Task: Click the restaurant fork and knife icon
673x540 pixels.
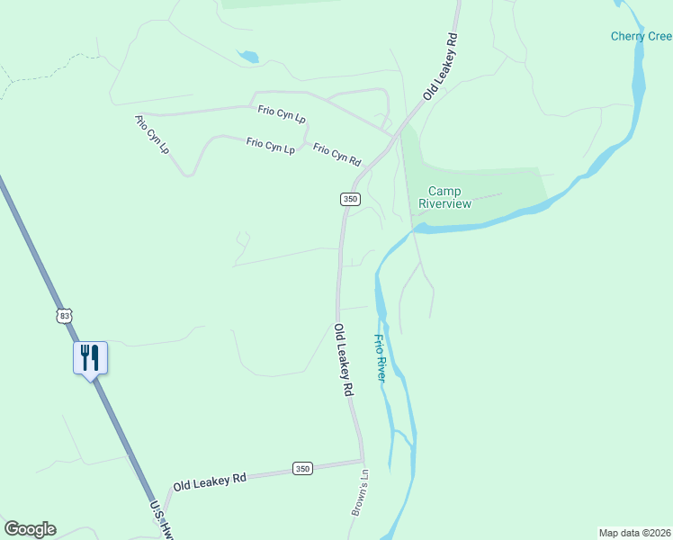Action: pos(90,357)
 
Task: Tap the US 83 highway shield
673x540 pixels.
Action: pos(63,315)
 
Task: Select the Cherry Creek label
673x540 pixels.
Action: pos(641,36)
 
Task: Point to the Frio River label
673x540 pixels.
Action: pos(380,358)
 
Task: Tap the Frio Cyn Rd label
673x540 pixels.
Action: pos(337,155)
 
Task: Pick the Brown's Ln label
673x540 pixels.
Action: pos(360,491)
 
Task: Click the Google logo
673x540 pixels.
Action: pos(30,529)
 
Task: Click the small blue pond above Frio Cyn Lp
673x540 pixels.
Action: pos(248,57)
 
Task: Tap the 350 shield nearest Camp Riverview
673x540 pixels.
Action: pos(350,199)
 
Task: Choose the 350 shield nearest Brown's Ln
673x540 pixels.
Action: pos(302,468)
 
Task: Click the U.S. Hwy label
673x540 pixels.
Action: pos(162,520)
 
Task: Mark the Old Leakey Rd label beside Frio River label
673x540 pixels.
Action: pos(344,361)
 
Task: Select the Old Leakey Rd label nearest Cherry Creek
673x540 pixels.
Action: pos(442,67)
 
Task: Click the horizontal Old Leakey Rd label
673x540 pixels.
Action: pos(210,481)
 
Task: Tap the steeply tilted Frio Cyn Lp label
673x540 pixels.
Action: pos(153,133)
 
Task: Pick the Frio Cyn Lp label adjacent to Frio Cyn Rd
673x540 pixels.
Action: pos(271,145)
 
